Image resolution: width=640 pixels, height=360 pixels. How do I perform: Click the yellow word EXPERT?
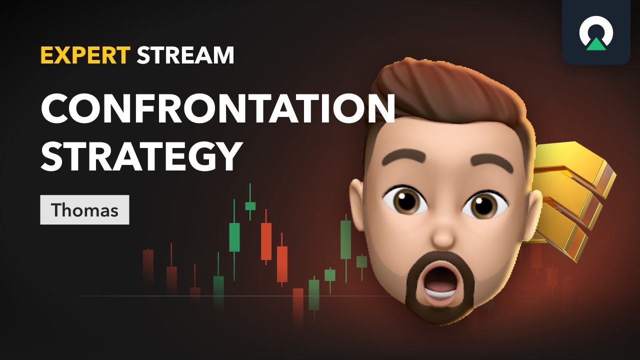[x=85, y=55]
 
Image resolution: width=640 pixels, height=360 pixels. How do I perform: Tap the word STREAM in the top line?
[x=185, y=55]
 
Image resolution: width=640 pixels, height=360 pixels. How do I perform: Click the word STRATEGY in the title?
[x=141, y=155]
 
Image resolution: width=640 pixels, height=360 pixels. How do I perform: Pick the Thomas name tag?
[x=84, y=210]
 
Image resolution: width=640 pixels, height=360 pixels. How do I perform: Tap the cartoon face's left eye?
[x=405, y=202]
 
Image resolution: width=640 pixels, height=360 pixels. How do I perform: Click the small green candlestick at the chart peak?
[x=250, y=205]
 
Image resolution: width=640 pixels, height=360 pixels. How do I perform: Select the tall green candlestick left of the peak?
[x=234, y=236]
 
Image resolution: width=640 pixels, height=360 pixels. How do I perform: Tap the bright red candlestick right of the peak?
[x=266, y=241]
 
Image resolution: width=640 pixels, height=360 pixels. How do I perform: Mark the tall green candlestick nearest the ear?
[x=345, y=239]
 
